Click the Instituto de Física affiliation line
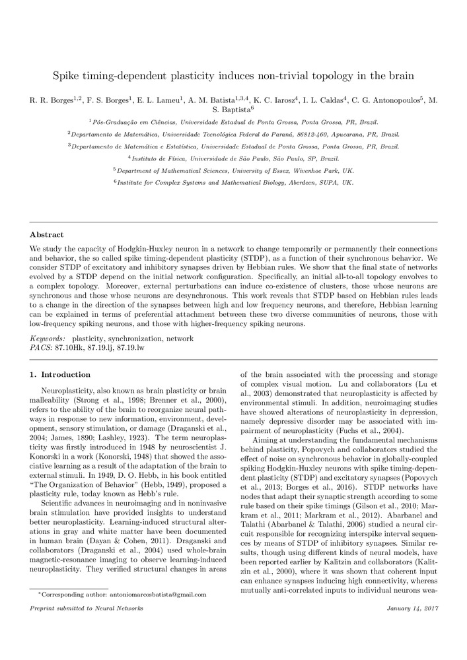pos(234,158)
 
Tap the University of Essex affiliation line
pos(234,170)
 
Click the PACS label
pos(41,346)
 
